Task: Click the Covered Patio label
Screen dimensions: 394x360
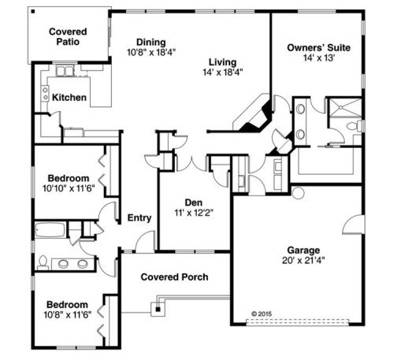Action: [x=68, y=37]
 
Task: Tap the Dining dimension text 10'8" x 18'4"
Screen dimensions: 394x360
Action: [x=151, y=53]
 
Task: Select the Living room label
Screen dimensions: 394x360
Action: [x=222, y=62]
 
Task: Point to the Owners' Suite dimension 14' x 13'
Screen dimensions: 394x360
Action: [x=319, y=58]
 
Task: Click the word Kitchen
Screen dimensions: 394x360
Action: [x=69, y=98]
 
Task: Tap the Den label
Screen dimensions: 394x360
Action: [x=194, y=202]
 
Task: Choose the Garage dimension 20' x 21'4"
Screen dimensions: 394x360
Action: [x=303, y=261]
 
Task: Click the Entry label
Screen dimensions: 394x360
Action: [x=139, y=218]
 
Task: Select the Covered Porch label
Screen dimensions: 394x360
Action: [x=174, y=277]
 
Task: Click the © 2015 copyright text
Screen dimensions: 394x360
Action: [x=262, y=314]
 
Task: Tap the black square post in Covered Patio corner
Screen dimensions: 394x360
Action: [x=33, y=12]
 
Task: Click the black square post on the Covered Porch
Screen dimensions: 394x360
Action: [x=158, y=310]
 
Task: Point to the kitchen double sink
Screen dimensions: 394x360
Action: [x=65, y=71]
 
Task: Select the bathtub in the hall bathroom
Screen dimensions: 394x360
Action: [x=50, y=231]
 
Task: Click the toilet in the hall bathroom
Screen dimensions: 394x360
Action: [x=43, y=263]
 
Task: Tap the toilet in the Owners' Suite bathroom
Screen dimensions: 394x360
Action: [x=355, y=126]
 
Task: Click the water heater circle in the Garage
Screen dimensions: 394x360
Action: [x=298, y=193]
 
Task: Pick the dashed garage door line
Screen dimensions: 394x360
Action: [x=297, y=322]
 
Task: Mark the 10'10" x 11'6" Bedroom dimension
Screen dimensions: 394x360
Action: [x=69, y=188]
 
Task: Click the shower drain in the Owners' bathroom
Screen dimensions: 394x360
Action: [x=341, y=107]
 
